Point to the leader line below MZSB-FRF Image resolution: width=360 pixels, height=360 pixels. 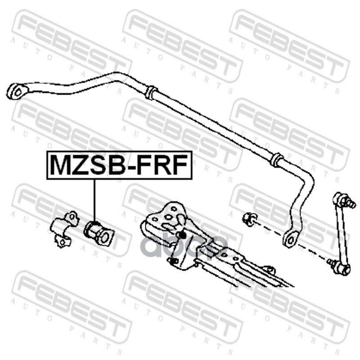[95, 198]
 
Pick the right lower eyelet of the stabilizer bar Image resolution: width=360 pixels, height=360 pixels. [290, 238]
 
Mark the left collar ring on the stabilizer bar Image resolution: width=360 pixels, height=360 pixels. [151, 93]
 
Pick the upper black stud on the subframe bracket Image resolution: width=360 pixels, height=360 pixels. [183, 234]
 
